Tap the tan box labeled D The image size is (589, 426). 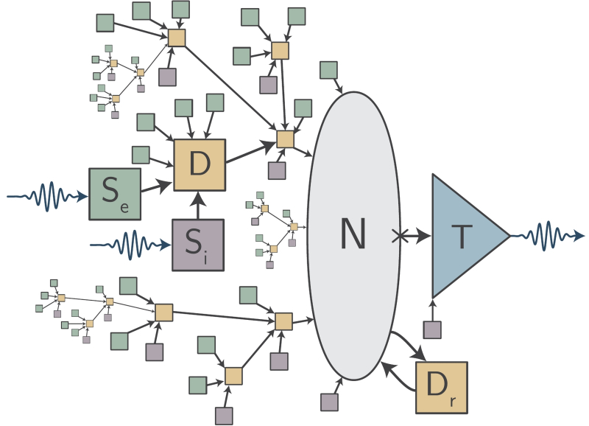click(199, 165)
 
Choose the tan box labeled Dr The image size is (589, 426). click(441, 387)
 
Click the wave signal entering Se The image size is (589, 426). click(44, 197)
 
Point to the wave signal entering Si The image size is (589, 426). click(129, 244)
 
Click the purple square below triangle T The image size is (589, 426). click(432, 329)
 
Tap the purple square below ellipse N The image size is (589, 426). click(329, 402)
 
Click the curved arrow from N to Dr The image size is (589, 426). click(409, 343)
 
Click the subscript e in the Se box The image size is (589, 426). click(124, 208)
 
